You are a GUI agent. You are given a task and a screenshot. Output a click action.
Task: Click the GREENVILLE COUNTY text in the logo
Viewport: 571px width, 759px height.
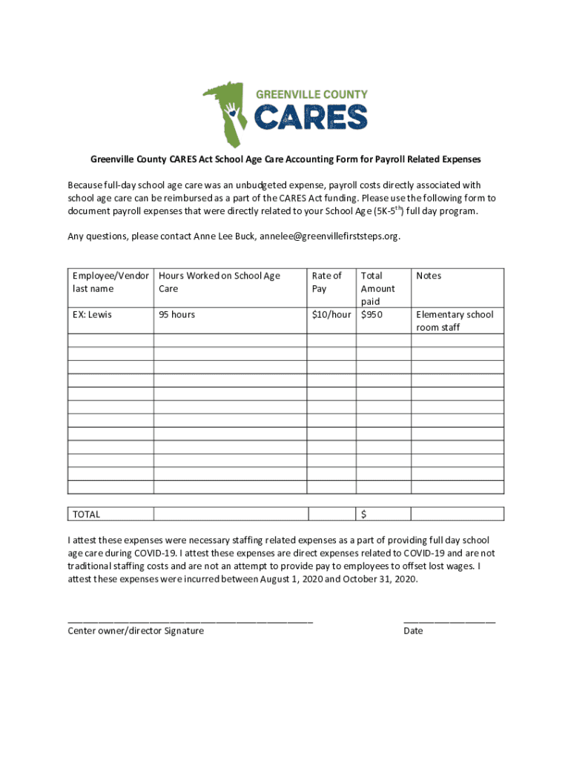(311, 95)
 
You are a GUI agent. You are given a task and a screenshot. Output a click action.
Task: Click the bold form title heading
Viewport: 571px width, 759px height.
(285, 159)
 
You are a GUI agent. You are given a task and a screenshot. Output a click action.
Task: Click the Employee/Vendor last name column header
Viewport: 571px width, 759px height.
(110, 282)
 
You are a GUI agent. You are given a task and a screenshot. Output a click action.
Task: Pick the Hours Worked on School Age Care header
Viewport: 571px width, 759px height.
(219, 282)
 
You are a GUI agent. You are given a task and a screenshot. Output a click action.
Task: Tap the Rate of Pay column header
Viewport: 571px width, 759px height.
(326, 282)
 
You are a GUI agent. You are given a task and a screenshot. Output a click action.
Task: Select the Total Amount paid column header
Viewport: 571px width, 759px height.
(377, 288)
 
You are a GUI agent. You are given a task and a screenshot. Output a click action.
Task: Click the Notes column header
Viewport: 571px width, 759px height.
(429, 276)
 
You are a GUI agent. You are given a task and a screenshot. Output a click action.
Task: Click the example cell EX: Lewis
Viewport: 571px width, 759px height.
(92, 314)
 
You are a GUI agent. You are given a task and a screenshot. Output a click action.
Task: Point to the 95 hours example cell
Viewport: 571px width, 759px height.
(176, 314)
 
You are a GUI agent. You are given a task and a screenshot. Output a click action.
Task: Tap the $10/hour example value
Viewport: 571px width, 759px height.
(331, 314)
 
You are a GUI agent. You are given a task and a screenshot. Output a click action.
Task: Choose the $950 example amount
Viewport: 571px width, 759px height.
(372, 314)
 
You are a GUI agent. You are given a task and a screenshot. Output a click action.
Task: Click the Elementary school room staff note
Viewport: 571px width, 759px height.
(455, 321)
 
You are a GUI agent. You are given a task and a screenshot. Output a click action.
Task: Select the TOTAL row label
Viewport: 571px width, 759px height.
(86, 514)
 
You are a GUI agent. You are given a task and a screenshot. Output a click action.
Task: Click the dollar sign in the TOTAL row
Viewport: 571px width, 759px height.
(364, 514)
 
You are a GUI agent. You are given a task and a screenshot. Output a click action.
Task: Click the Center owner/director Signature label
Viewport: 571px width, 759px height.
(136, 631)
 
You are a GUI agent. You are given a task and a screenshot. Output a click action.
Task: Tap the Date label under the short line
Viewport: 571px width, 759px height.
(413, 631)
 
